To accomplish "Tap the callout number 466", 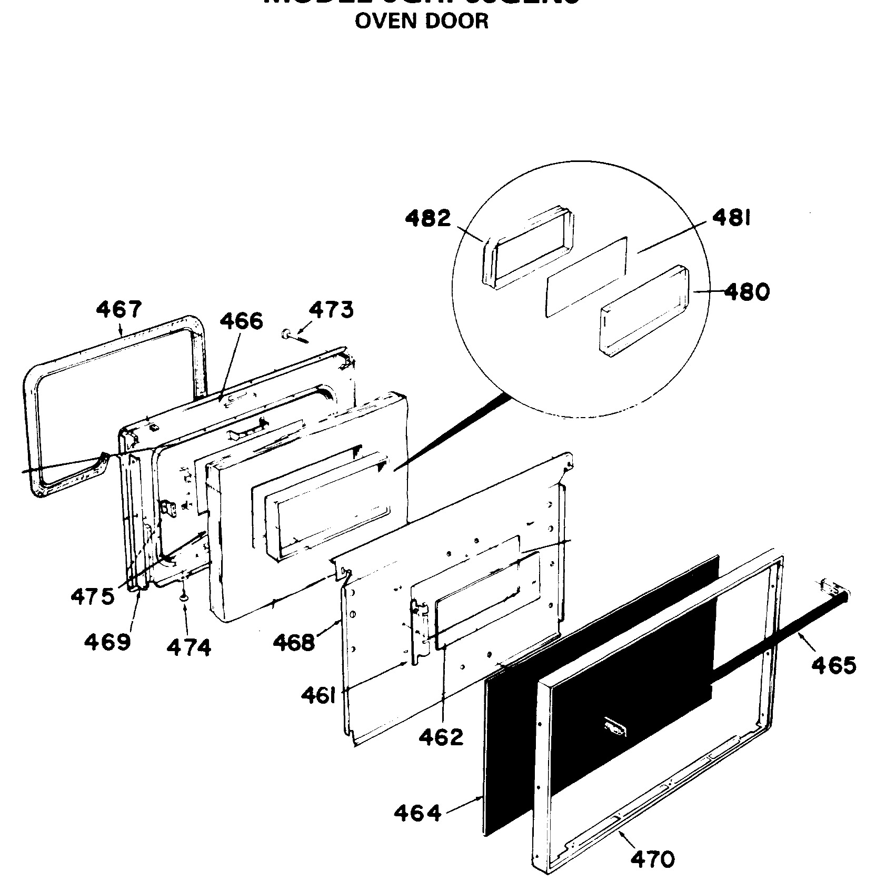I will (x=241, y=320).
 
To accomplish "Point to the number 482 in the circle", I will (x=428, y=218).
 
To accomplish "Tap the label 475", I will (x=92, y=596).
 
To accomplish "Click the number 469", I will (x=107, y=642).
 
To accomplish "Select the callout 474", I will (x=188, y=647).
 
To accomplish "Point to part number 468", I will (x=294, y=642).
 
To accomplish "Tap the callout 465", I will (x=833, y=666).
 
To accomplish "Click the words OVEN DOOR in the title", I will (x=421, y=21).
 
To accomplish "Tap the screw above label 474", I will (x=184, y=598).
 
